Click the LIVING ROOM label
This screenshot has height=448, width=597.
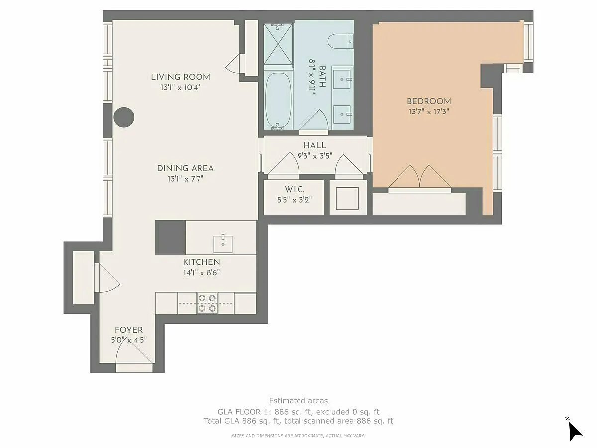coord(181,77)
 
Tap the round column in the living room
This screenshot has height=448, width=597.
coord(124,117)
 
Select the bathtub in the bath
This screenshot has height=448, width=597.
coord(278,101)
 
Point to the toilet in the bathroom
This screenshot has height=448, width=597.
coord(340,41)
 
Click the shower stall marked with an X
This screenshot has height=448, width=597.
coord(278,44)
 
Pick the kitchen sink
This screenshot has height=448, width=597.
coord(223,244)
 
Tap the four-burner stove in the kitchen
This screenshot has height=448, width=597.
coord(207,303)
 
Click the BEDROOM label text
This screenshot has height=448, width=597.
coord(429,101)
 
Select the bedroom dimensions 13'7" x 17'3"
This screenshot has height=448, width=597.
coord(429,112)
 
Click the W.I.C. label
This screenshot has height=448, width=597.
coord(295,189)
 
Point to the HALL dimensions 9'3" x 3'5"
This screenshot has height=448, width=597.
coord(315,156)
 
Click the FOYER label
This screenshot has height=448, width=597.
coord(129,330)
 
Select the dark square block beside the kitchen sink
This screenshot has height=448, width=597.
coord(170,237)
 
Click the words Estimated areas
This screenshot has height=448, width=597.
coord(298,401)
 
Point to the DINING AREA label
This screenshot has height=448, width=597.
coord(186,168)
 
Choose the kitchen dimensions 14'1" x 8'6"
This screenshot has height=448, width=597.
coord(201,273)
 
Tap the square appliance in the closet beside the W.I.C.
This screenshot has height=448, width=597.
coord(347,198)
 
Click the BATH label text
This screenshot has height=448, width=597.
coord(322,77)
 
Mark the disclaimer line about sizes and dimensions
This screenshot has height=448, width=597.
coord(298,436)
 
